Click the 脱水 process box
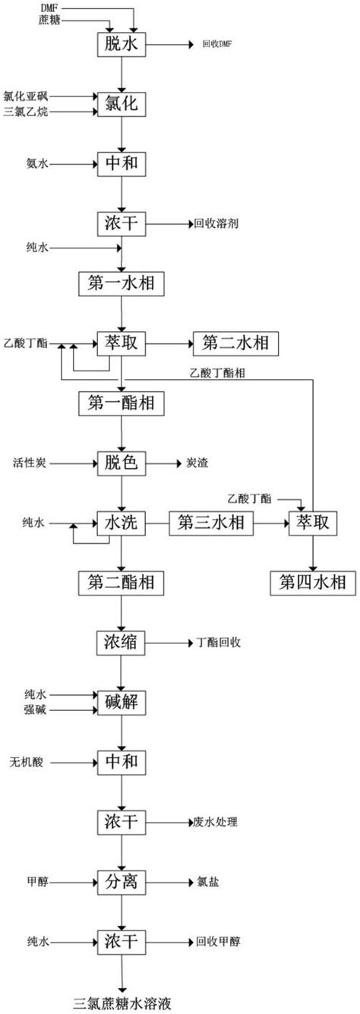click(x=122, y=44)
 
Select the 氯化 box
click(x=122, y=104)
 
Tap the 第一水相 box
click(x=122, y=284)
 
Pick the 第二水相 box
click(x=236, y=343)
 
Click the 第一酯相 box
click(x=122, y=403)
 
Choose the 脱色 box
click(x=122, y=463)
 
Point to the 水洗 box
click(x=122, y=523)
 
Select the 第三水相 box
click(x=211, y=523)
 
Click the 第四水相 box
click(x=312, y=583)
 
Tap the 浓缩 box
click(x=121, y=643)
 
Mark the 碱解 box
click(x=122, y=703)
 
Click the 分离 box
click(x=122, y=882)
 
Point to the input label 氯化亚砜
click(x=25, y=96)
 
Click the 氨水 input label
click(x=37, y=163)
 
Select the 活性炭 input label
click(x=30, y=463)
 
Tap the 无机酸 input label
click(x=27, y=763)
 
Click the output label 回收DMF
click(x=217, y=44)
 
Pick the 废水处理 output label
click(x=216, y=822)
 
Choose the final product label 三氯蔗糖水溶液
click(x=122, y=1003)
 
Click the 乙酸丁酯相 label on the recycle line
click(x=217, y=373)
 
